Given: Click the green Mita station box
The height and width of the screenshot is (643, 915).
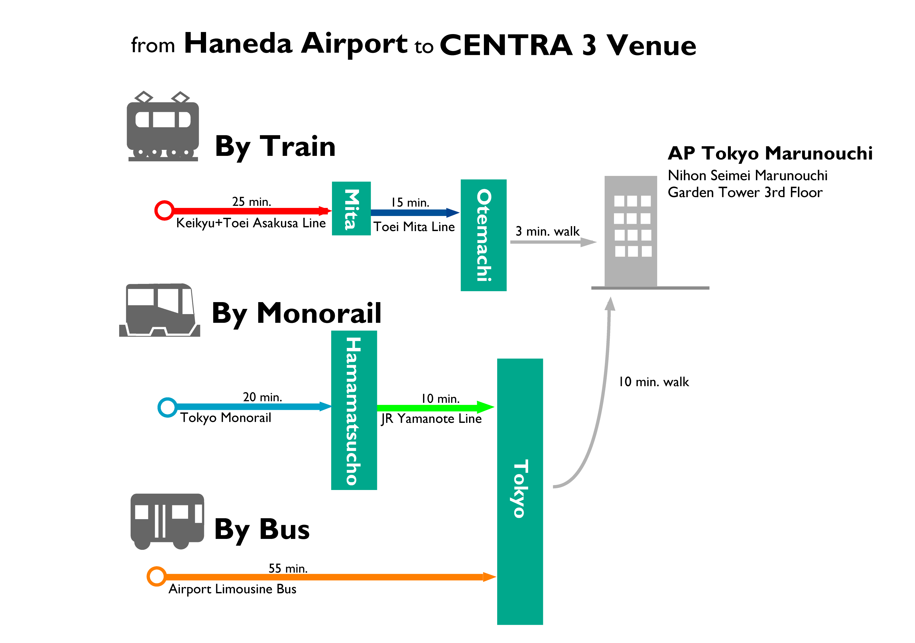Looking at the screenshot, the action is click(x=351, y=208).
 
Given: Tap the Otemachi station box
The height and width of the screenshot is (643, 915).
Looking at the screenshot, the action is click(x=483, y=235).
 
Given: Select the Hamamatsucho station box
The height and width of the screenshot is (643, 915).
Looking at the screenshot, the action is click(x=354, y=410).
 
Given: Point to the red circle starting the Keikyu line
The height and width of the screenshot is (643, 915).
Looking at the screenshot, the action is click(x=164, y=211).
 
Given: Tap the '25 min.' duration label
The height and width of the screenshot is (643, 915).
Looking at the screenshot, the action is click(x=252, y=202).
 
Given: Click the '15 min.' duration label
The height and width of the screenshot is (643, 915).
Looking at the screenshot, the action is click(x=410, y=202).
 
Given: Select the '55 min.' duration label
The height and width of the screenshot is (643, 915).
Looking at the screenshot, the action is click(x=288, y=569).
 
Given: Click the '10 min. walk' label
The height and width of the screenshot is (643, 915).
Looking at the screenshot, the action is click(x=654, y=382).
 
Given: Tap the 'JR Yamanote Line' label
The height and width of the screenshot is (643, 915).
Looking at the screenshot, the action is click(x=431, y=419).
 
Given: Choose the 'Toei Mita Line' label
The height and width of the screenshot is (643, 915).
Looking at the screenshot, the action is click(x=414, y=227).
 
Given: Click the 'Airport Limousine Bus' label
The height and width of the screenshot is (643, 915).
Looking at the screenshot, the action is click(x=232, y=589).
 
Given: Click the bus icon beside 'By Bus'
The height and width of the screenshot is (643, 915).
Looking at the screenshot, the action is click(x=167, y=522).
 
